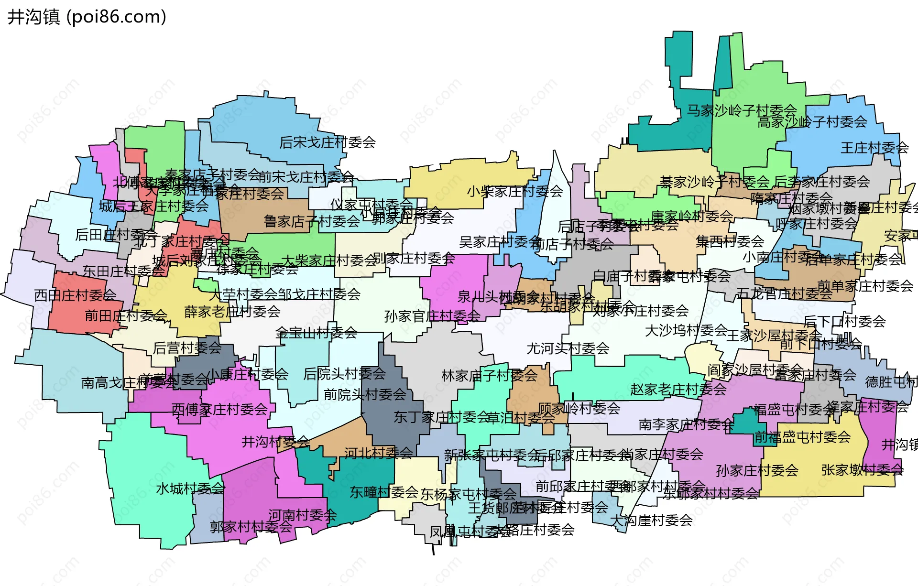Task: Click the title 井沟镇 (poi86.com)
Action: click(87, 17)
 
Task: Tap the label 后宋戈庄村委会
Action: click(328, 142)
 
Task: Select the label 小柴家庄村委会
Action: click(515, 192)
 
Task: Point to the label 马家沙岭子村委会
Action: click(742, 110)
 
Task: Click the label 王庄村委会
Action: click(874, 148)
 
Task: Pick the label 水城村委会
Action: click(190, 488)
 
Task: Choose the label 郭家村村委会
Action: click(251, 527)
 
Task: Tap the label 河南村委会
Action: click(302, 515)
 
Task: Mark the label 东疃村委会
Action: click(384, 492)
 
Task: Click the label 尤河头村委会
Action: click(568, 348)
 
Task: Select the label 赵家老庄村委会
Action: click(678, 390)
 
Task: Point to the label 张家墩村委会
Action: click(862, 470)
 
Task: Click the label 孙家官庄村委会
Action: click(432, 316)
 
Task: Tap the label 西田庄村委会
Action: click(75, 295)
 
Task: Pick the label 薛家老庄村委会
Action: click(232, 312)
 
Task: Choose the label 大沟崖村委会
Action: click(652, 520)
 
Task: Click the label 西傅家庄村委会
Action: click(219, 409)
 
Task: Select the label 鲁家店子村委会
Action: click(312, 221)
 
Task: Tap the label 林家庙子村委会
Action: click(490, 376)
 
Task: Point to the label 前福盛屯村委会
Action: click(802, 437)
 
